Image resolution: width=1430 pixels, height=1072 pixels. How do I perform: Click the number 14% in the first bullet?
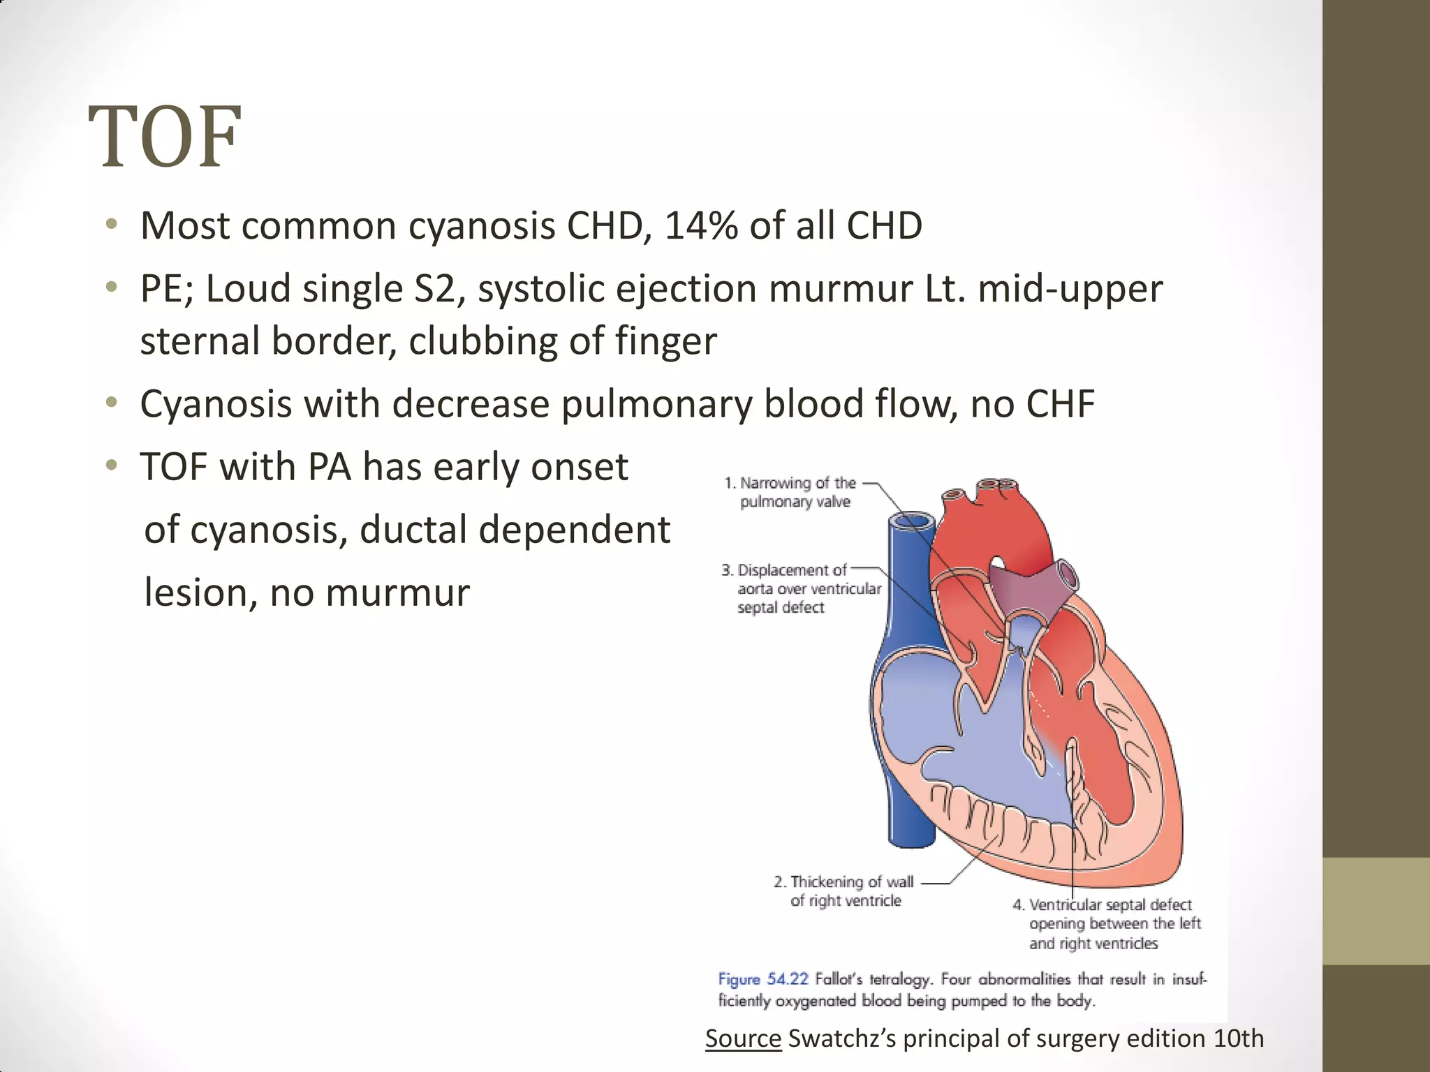tap(700, 226)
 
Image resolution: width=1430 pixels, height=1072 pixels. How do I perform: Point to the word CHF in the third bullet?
tap(1059, 404)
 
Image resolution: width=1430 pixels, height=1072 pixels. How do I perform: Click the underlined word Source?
tap(743, 1038)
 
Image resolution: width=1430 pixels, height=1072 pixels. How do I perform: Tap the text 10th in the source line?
tap(1239, 1038)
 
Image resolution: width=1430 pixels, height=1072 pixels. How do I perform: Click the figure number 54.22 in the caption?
tap(787, 979)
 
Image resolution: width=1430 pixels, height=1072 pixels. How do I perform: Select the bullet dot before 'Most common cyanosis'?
tap(111, 226)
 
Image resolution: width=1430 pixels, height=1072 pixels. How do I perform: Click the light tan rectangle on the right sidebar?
tap(1376, 911)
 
